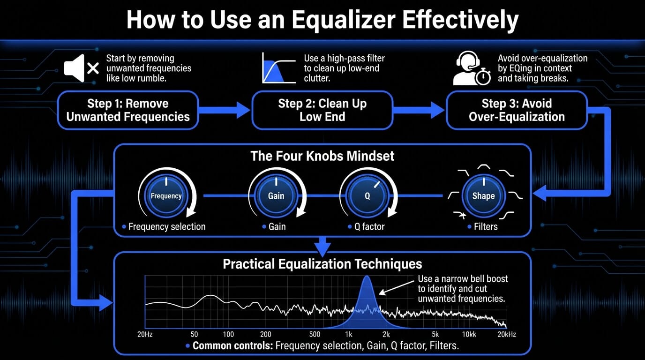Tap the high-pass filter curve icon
279,68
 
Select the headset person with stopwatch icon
472,69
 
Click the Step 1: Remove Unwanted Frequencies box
128,110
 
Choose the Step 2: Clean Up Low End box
322,110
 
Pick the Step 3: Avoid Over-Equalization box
517,110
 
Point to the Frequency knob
166,196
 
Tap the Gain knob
276,196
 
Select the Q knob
367,196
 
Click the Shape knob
483,196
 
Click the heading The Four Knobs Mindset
322,156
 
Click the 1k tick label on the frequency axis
348,334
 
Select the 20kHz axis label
507,334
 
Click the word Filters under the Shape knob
486,227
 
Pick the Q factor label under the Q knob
369,227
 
